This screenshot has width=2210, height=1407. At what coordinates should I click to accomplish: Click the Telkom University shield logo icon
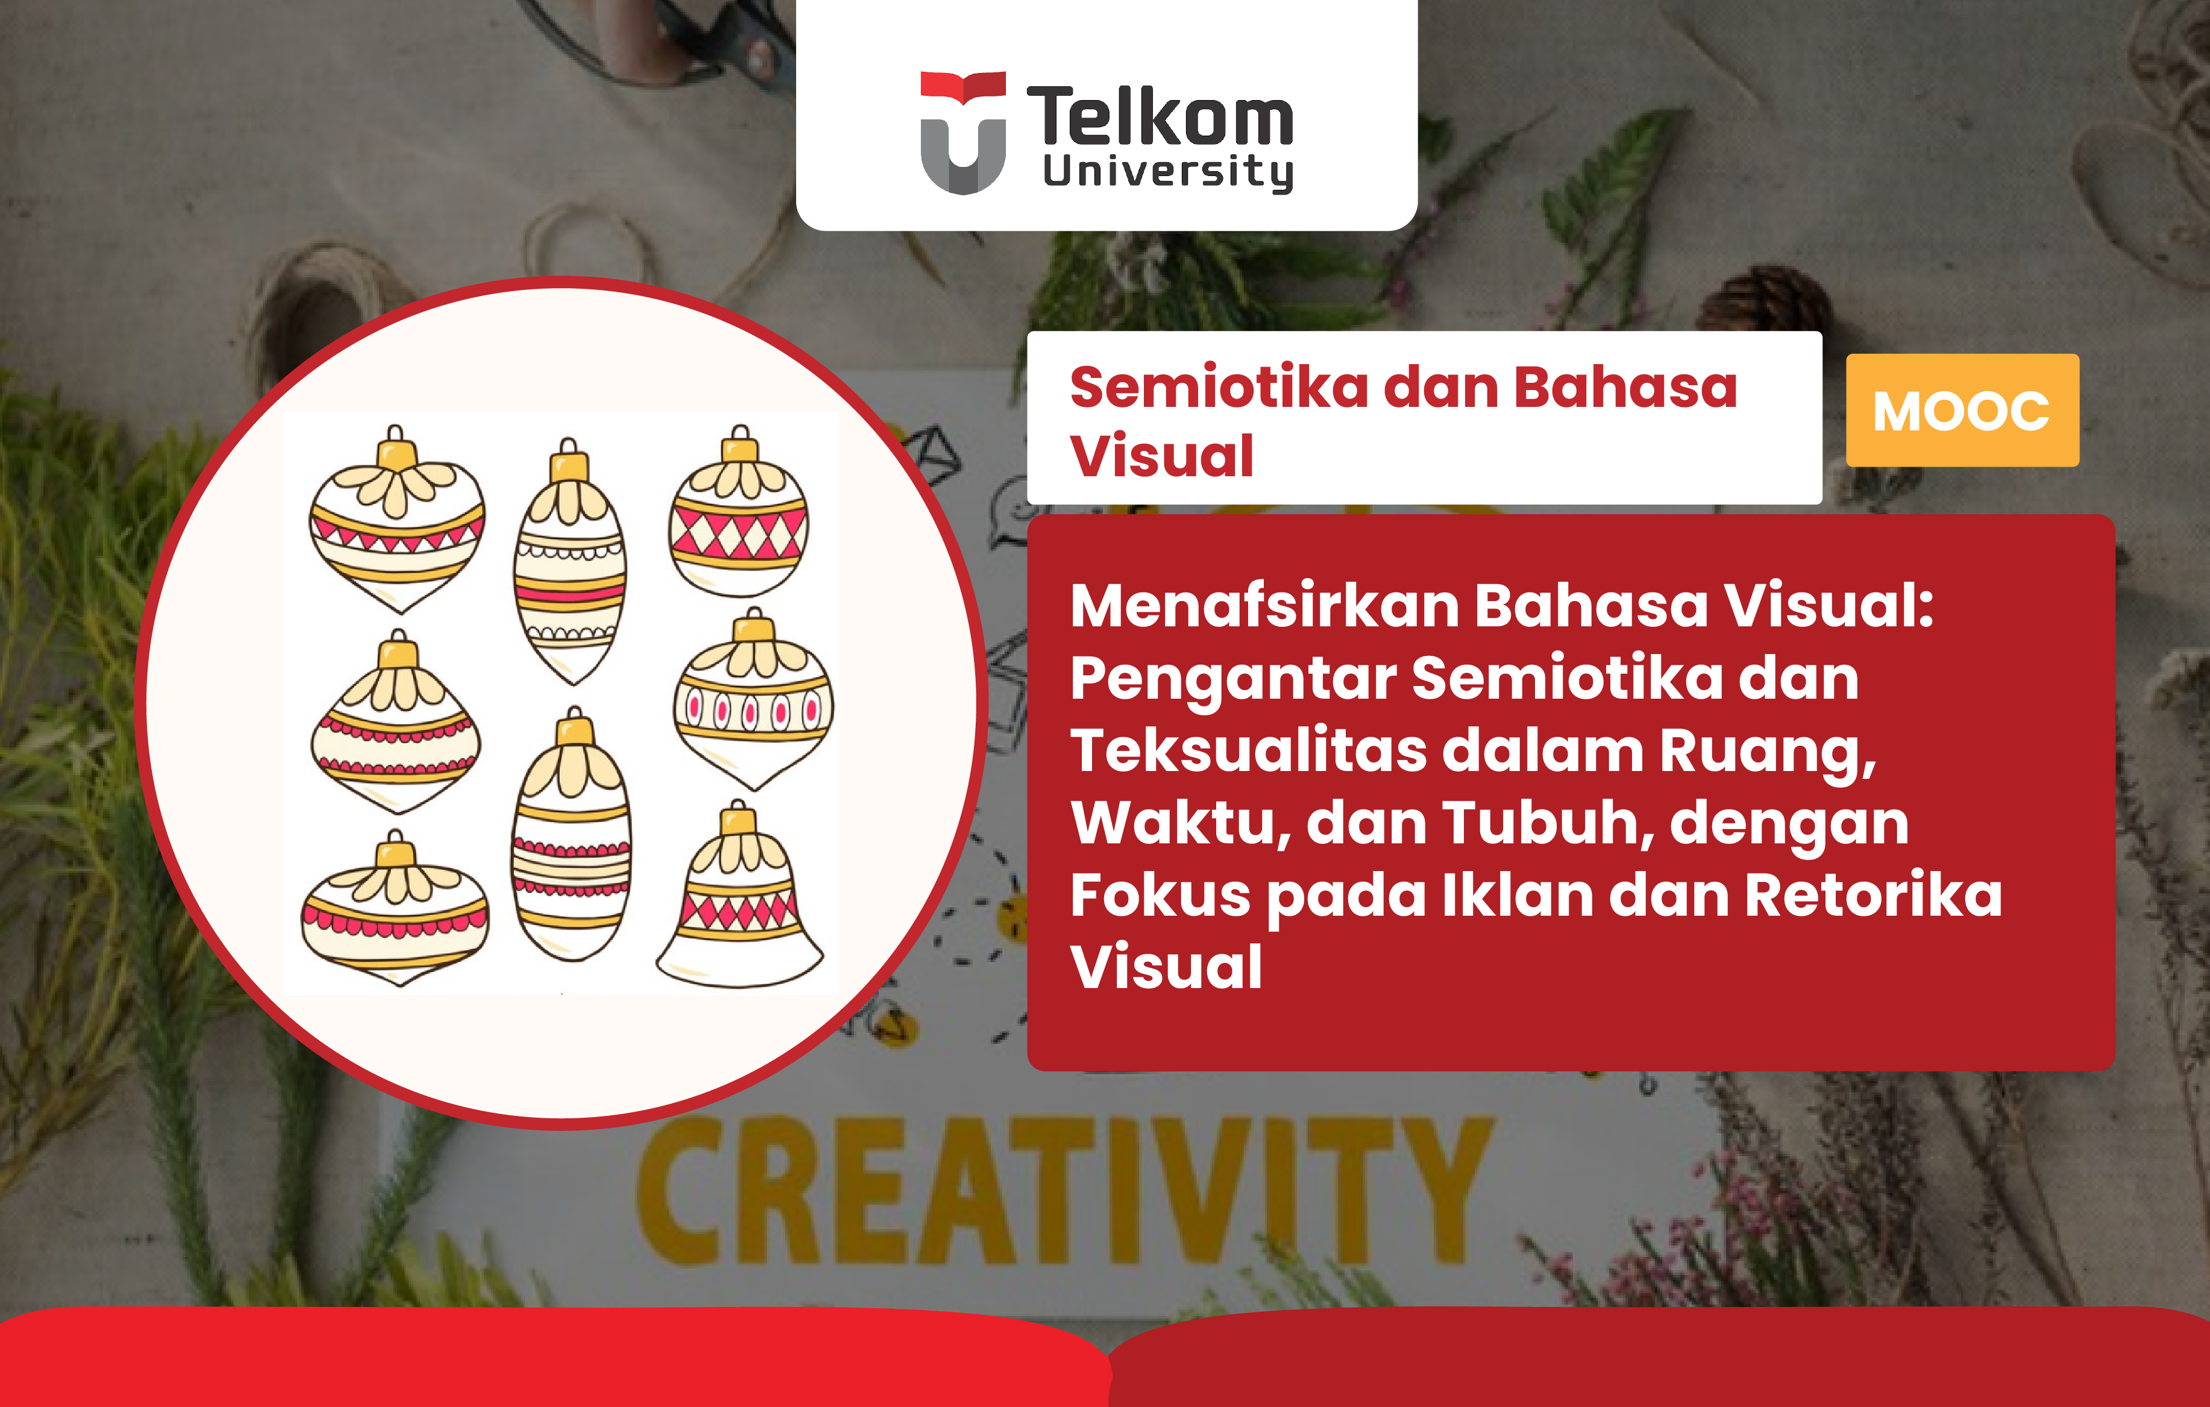tap(962, 133)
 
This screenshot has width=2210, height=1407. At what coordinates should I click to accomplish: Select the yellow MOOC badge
tap(1962, 411)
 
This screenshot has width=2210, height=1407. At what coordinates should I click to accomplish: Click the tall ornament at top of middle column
tap(570, 562)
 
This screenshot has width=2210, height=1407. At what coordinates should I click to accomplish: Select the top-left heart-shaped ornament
tap(397, 520)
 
